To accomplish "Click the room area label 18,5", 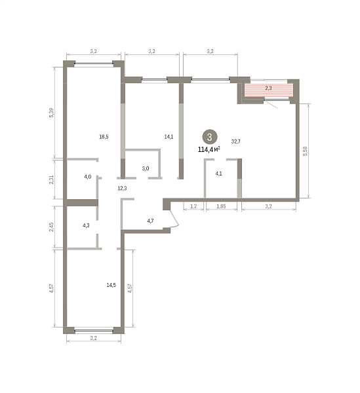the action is click(104, 137).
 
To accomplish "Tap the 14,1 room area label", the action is click(169, 137).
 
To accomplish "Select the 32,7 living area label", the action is click(236, 141).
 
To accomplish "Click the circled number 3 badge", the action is click(210, 137).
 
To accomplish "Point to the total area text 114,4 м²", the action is click(209, 149).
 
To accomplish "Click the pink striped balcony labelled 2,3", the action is click(268, 90).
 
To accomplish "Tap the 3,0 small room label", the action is click(146, 168).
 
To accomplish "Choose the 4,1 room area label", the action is click(219, 174).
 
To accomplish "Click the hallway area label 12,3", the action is click(122, 188).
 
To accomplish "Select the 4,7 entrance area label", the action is click(150, 221).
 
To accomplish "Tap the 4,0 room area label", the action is click(88, 177).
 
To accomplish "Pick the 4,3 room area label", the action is click(86, 225).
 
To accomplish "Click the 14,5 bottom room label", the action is click(111, 285).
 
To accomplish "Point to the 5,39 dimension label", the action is click(51, 113).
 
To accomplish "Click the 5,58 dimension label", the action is click(305, 151).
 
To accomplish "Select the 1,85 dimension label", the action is click(221, 206).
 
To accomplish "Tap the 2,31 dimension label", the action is click(51, 179).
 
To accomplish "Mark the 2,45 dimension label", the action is click(51, 227).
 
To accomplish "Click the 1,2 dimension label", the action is click(193, 206).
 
